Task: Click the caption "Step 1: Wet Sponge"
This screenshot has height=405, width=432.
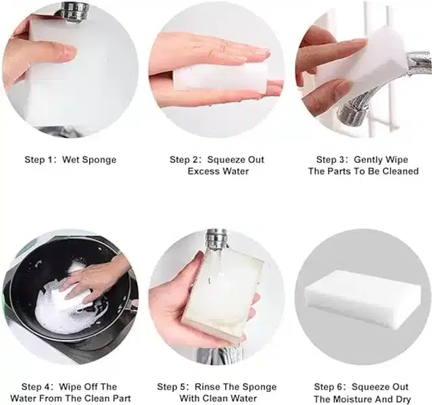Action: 70,160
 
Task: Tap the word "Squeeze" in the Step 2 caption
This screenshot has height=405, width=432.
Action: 227,160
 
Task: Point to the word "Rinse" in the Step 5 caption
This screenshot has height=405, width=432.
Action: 206,387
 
